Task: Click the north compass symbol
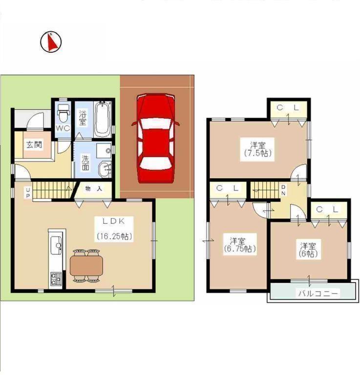[51, 42]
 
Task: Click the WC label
[63, 128]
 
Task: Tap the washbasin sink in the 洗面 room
[105, 169]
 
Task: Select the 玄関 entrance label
[34, 145]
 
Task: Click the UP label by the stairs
[28, 193]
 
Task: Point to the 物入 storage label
[94, 188]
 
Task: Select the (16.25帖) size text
[114, 236]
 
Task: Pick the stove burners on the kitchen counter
[55, 280]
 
